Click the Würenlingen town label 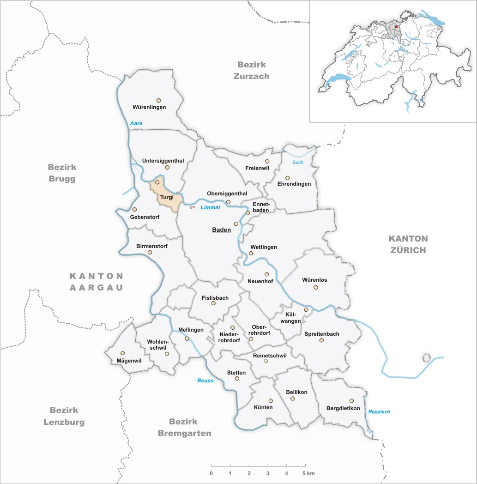coord(149,107)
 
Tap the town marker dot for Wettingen coord(251,253)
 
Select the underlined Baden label coord(221,230)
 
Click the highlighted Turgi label coord(166,197)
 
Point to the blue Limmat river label coord(210,207)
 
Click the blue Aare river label coord(136,123)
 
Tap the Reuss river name coord(205,381)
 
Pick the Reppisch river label coord(379,411)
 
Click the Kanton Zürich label coord(408,244)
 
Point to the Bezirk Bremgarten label coord(185,427)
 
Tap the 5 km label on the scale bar coord(309,473)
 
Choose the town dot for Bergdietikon coord(351,400)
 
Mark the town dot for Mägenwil coord(122,353)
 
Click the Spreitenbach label coord(322,334)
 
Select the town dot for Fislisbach coord(213,303)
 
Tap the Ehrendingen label coord(294,184)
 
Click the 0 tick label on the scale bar coord(211,473)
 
